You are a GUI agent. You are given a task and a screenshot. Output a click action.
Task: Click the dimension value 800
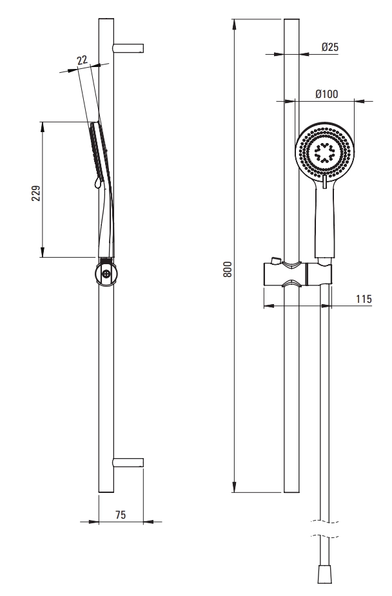click(227, 269)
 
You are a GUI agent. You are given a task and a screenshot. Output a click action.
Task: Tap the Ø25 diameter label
click(329, 47)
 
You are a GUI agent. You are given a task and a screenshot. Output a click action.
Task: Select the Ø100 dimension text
click(327, 94)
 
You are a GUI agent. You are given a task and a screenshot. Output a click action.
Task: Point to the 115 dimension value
click(364, 299)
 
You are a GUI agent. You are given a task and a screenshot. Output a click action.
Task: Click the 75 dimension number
click(121, 515)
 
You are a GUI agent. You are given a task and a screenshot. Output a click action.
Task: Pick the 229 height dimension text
click(35, 193)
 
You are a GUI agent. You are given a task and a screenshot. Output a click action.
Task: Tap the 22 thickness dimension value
click(82, 60)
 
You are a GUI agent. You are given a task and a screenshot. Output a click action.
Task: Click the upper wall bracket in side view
click(128, 48)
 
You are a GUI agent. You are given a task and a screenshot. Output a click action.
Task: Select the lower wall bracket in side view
click(128, 462)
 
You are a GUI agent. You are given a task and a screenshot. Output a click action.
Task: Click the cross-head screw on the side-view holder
click(107, 273)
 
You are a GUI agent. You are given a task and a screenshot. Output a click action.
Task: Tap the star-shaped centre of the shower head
click(324, 153)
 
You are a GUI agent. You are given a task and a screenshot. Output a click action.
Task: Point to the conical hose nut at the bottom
click(325, 574)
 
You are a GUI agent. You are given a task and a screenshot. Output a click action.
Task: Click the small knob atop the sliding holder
click(276, 260)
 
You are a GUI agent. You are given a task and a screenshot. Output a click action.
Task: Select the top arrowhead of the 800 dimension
click(235, 24)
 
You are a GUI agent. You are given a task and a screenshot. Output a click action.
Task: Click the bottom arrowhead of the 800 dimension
click(235, 487)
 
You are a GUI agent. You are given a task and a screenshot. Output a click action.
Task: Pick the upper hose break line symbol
click(325, 521)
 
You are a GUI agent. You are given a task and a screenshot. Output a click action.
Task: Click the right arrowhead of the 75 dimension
click(149, 522)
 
